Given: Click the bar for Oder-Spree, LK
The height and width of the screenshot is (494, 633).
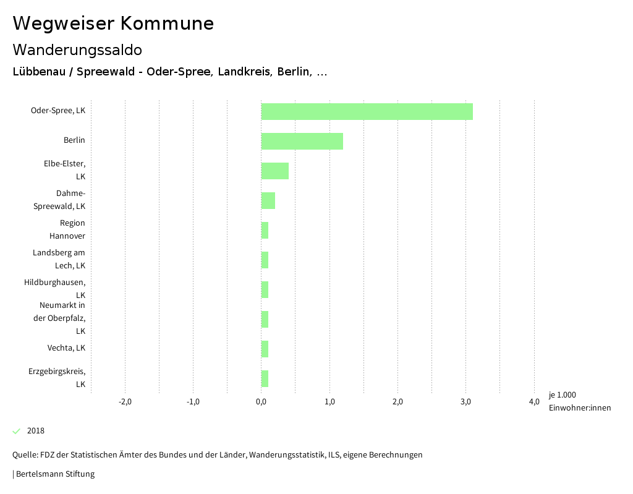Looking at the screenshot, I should [x=367, y=111].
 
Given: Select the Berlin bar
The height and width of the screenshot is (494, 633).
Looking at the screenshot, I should [x=302, y=141].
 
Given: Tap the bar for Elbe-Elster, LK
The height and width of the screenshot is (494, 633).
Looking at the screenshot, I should [x=274, y=171].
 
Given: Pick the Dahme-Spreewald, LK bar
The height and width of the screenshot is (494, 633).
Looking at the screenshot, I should [x=268, y=200].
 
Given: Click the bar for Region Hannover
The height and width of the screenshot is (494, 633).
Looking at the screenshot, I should [x=265, y=230].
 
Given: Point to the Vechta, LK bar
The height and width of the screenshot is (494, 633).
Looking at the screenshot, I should [x=265, y=349].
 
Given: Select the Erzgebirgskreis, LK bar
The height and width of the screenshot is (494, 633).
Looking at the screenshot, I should [x=265, y=378].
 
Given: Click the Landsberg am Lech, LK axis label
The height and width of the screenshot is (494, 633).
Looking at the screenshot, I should [x=59, y=259].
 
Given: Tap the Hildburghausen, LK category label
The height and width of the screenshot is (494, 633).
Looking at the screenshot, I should [x=54, y=289].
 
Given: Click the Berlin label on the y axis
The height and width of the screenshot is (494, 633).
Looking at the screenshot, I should [x=74, y=140].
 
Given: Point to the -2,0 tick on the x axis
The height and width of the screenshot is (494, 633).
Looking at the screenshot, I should [x=125, y=402].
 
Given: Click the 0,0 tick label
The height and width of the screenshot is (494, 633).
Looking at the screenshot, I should [x=261, y=402].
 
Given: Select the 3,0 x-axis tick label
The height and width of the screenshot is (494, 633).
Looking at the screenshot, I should [x=466, y=402].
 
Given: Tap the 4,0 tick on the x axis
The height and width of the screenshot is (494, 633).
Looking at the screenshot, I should [x=534, y=402].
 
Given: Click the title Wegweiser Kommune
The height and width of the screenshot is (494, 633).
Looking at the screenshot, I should [x=113, y=23].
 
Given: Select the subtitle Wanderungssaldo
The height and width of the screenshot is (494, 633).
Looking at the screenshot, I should [x=77, y=49].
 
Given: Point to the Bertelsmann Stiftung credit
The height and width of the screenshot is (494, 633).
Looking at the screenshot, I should [x=54, y=474].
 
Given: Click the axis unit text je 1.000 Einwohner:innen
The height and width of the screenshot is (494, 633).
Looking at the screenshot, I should [x=579, y=401].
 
